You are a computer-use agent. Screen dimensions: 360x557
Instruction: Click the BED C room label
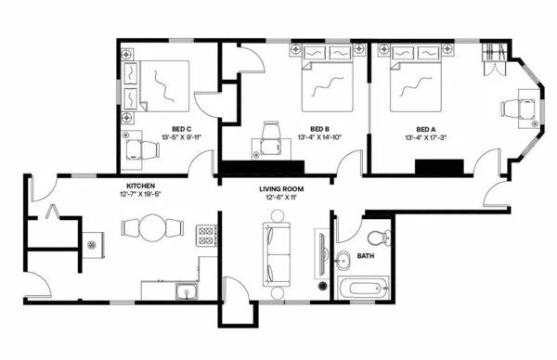[181, 129]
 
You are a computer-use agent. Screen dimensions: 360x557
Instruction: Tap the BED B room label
[320, 129]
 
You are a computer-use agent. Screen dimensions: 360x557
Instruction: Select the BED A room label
[426, 129]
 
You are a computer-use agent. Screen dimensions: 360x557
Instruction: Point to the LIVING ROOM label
[281, 188]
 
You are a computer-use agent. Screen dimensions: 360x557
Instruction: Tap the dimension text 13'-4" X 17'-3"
[426, 137]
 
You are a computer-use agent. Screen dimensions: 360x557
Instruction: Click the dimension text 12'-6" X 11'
[281, 198]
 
